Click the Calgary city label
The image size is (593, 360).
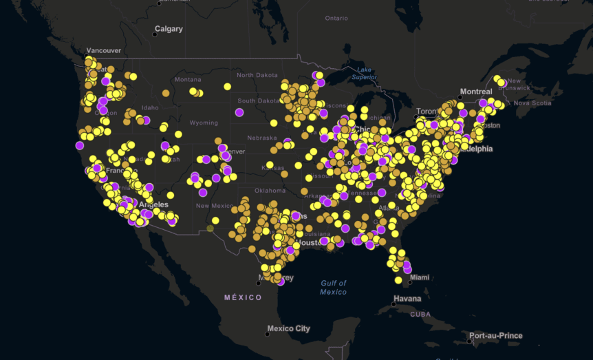(169, 29)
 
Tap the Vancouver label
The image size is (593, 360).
(104, 50)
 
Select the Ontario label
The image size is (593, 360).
(336, 18)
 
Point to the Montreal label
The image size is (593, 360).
(476, 92)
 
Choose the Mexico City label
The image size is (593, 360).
(289, 328)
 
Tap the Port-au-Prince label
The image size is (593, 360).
(497, 336)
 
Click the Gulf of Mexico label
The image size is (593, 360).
(333, 288)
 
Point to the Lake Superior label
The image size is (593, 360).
(363, 73)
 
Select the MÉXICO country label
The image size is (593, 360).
(244, 297)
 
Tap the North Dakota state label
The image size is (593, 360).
(257, 75)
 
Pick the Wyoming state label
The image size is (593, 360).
(204, 123)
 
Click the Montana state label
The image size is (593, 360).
(188, 79)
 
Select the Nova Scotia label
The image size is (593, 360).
(533, 103)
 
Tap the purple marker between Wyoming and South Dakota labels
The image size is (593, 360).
(239, 112)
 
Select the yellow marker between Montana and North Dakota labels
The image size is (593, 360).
(227, 87)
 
